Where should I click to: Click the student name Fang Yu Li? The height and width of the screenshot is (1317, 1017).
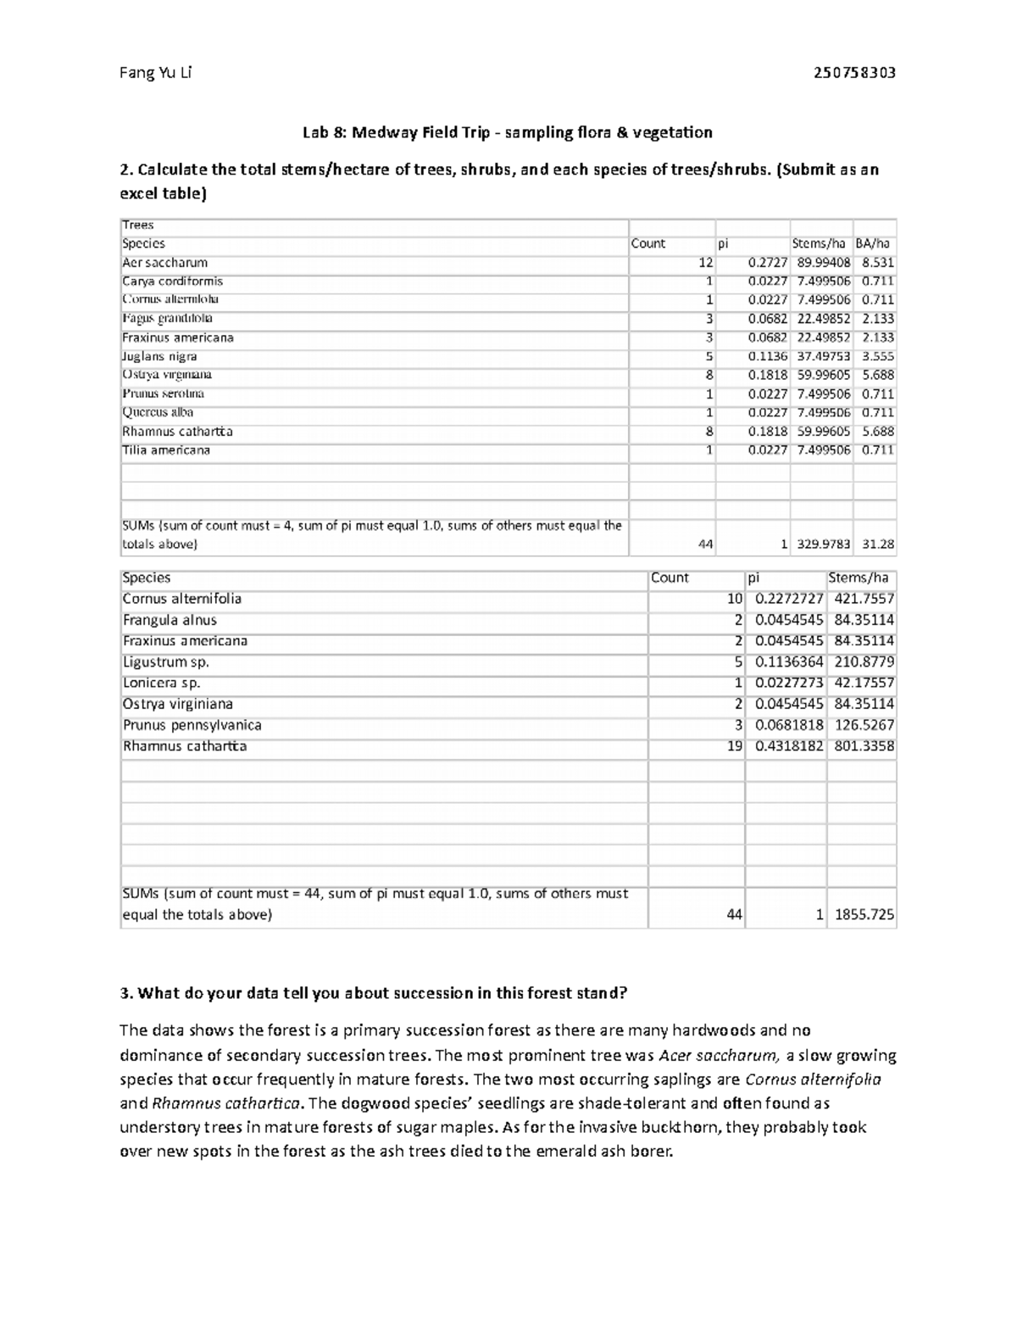pyautogui.click(x=156, y=73)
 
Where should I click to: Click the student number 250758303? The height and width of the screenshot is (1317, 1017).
pyautogui.click(x=853, y=73)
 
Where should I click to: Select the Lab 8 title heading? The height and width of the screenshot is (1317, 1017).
pyautogui.click(x=508, y=132)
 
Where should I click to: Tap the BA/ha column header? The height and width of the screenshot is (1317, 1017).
pyautogui.click(x=873, y=244)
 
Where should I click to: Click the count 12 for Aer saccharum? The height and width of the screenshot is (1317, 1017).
pyautogui.click(x=705, y=263)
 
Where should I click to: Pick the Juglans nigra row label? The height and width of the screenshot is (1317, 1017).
pyautogui.click(x=159, y=356)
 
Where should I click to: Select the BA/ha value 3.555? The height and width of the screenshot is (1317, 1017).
pyautogui.click(x=877, y=356)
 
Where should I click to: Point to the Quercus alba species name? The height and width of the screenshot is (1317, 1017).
pyautogui.click(x=158, y=412)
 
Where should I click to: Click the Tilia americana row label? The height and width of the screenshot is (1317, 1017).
pyautogui.click(x=166, y=450)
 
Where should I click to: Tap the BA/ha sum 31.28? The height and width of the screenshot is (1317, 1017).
pyautogui.click(x=877, y=544)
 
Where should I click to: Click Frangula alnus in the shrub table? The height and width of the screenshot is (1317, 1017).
pyautogui.click(x=169, y=620)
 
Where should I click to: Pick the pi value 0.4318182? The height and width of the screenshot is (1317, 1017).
pyautogui.click(x=788, y=746)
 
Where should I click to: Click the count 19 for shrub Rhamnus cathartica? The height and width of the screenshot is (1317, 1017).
pyautogui.click(x=734, y=746)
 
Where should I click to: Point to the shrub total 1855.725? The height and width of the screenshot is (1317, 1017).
pyautogui.click(x=864, y=915)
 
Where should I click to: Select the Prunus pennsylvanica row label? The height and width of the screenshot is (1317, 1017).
pyautogui.click(x=192, y=725)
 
